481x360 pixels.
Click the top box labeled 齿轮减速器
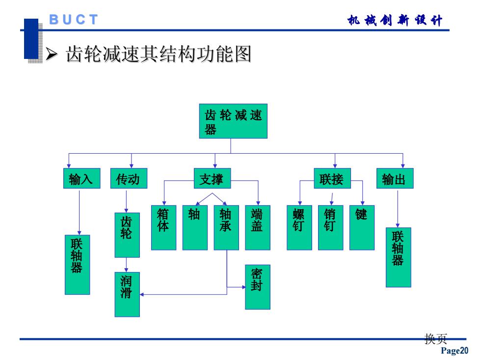(233, 121)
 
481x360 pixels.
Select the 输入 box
(81, 178)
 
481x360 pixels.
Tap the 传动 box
(129, 178)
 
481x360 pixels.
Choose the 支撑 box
(212, 178)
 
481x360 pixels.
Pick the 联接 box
(332, 178)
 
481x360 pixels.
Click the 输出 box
(395, 178)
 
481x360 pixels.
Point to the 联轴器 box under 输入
(78, 265)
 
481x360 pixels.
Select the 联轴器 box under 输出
(398, 257)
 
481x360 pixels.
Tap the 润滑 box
(127, 294)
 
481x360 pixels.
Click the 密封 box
(258, 287)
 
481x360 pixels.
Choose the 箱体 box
(164, 227)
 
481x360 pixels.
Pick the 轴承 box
(226, 227)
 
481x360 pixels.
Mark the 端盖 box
(258, 227)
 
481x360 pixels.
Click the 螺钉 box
(299, 227)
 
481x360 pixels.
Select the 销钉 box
(331, 227)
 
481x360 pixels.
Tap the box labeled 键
(362, 227)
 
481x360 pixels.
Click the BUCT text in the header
(74, 20)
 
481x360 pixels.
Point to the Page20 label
(454, 351)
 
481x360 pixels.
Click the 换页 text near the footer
(436, 339)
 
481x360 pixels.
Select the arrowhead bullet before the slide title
(52, 54)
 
